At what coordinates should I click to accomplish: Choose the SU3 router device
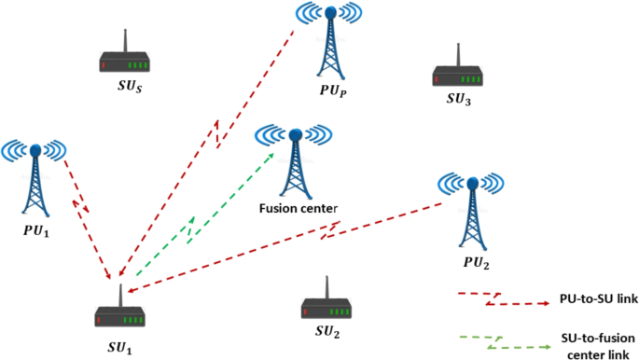click(x=457, y=71)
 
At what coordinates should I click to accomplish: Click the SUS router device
click(x=126, y=60)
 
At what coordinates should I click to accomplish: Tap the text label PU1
click(x=35, y=228)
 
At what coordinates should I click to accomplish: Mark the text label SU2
click(x=326, y=333)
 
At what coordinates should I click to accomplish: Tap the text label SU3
click(x=457, y=99)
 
